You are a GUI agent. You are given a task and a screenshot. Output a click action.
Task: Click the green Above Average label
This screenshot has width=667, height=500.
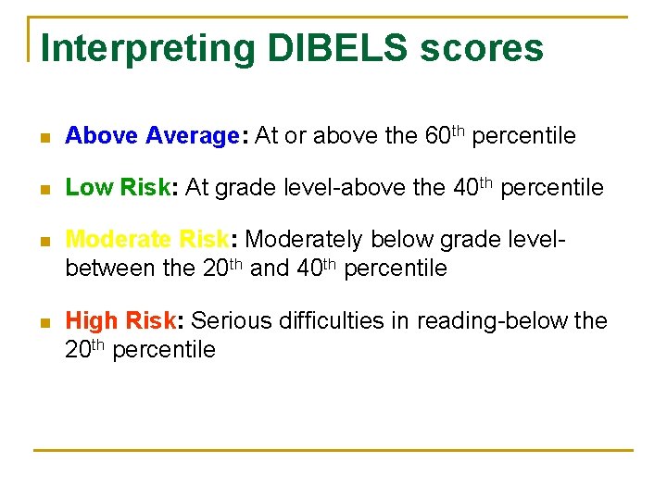152,136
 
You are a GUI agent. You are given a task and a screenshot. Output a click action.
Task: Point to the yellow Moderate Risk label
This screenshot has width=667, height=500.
146,240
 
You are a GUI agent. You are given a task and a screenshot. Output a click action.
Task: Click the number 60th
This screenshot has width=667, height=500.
445,135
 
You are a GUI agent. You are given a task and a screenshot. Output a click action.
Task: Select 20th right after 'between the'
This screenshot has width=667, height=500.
219,269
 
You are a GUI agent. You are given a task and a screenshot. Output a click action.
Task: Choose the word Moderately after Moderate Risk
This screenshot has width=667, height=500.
305,240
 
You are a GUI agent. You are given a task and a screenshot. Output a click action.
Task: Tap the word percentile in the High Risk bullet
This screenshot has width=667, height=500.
164,350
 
